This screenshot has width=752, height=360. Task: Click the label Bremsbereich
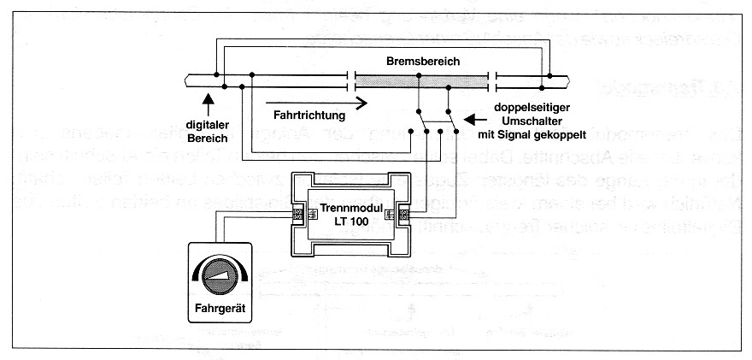[x=421, y=62]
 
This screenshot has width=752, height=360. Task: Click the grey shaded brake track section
[x=421, y=81]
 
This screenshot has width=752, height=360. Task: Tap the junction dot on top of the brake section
[x=419, y=76]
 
